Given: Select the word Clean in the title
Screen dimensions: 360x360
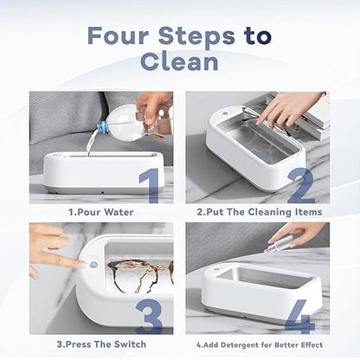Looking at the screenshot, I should pyautogui.click(x=179, y=63).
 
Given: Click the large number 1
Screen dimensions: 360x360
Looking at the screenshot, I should pyautogui.click(x=149, y=184).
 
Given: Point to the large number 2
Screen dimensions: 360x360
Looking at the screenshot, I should pyautogui.click(x=302, y=184).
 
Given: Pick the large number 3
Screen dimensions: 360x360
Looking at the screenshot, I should pyautogui.click(x=149, y=316).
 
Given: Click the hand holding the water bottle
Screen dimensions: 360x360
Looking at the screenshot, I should pyautogui.click(x=155, y=105).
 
